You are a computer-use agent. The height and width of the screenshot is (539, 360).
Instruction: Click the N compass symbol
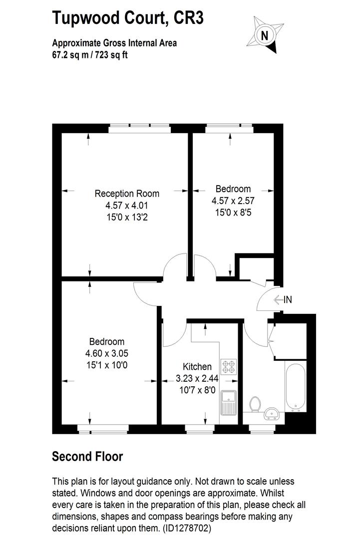[x=265, y=35]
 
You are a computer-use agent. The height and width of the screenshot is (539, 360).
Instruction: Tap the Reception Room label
[x=127, y=194]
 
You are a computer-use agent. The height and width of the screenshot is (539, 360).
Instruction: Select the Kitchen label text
[x=197, y=366]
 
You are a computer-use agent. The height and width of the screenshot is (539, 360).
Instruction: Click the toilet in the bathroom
[x=255, y=404]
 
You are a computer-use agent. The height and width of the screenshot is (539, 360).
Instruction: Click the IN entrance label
[x=287, y=299]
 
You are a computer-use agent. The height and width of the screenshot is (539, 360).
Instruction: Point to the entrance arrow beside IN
[x=278, y=299]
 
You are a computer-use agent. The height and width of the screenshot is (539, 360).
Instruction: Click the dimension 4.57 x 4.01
[x=127, y=205]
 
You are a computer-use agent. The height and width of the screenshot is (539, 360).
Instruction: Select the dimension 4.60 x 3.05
[x=106, y=353]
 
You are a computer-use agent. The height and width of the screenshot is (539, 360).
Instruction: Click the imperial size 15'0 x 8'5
[x=233, y=212]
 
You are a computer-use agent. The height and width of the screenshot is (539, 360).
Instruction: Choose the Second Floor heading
[x=87, y=456]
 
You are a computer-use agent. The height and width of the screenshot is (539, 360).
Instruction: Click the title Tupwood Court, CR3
[x=128, y=19]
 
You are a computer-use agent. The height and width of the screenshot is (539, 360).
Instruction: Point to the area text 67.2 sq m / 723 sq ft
[x=90, y=55]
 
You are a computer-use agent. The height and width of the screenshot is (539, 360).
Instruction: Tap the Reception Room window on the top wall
[x=140, y=128]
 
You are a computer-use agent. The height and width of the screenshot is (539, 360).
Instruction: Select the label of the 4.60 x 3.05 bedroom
[x=106, y=342]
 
